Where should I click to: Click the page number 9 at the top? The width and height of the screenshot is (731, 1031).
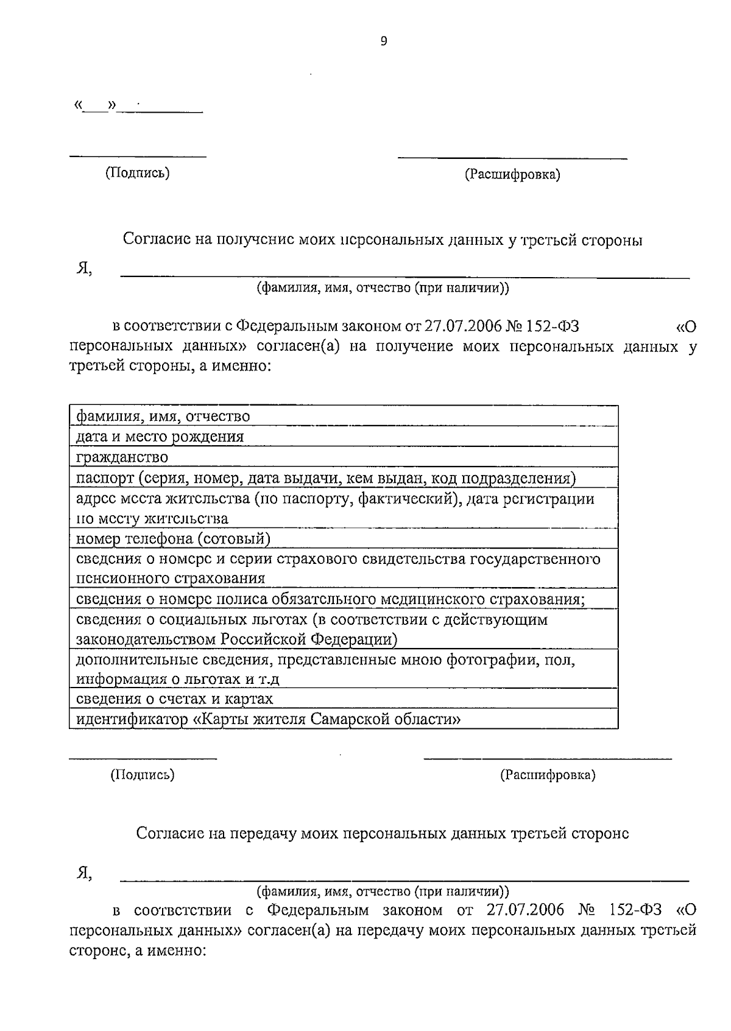point(383,41)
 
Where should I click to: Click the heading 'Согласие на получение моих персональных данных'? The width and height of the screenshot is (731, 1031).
point(383,240)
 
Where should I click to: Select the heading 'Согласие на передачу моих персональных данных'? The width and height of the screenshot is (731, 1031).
point(383,833)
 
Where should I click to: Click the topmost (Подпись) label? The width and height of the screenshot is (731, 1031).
point(137,173)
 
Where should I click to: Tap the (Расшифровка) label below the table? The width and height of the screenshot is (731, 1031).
point(548,775)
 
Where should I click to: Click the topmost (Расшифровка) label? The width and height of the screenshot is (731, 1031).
point(512,175)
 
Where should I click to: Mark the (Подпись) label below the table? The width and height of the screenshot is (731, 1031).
point(142,775)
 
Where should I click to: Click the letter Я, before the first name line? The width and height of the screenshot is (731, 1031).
point(83,269)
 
